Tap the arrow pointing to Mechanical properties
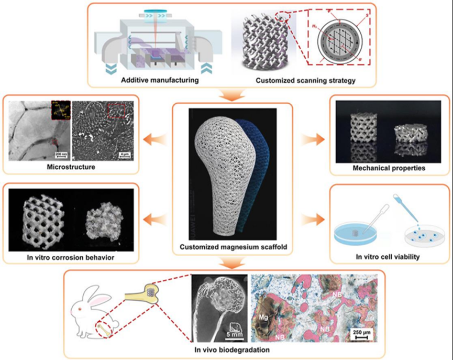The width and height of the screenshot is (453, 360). (313, 140)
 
